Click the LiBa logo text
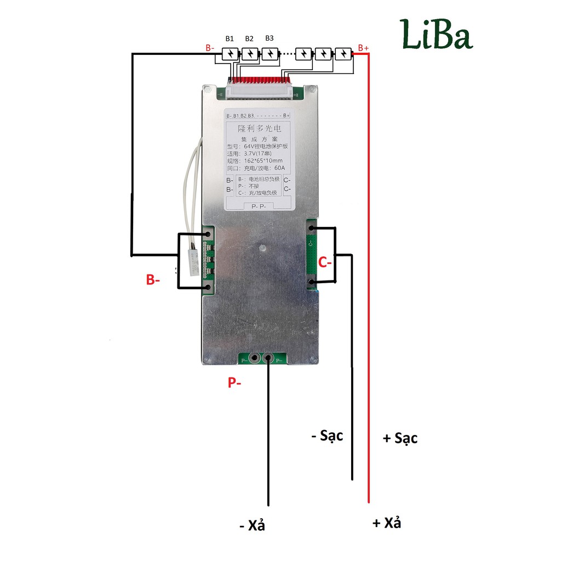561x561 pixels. pos(436,35)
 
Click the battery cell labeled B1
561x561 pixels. pos(230,54)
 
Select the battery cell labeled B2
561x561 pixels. pos(250,54)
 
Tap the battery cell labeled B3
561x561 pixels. pos(270,54)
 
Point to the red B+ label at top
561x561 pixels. pos(363,48)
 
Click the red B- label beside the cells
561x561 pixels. pos(210,48)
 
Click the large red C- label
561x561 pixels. pos(325,263)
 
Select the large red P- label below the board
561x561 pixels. pos(234,383)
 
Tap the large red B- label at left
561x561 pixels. pos(153,279)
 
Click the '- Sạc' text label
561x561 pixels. pos(327,436)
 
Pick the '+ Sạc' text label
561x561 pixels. pos(400,438)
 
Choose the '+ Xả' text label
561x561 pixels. pos(387,523)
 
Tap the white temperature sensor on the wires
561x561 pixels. pos(193,262)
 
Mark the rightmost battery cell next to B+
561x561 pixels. pos(344,54)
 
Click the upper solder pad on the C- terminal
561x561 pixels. pos(312,228)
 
